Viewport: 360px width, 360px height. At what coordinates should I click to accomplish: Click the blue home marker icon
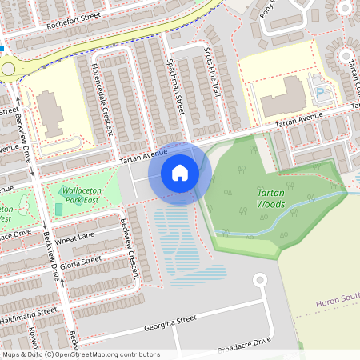180,173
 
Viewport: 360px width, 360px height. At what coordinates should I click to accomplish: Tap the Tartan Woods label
270,198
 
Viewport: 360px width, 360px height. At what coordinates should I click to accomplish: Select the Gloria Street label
81,261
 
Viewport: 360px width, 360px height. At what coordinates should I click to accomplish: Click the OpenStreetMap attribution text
80,354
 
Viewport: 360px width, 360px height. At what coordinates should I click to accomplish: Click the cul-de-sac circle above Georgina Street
258,280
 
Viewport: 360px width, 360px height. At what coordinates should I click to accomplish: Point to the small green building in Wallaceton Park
58,209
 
